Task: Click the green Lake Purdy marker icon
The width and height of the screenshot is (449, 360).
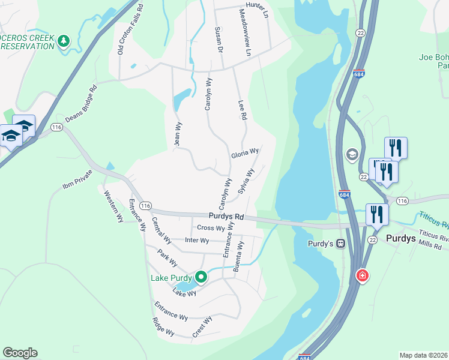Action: [201, 277]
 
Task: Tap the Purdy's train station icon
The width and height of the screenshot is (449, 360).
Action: [340, 244]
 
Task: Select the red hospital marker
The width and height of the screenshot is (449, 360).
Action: [363, 276]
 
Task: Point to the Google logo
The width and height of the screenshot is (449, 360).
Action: [20, 353]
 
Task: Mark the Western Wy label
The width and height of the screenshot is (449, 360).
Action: [113, 206]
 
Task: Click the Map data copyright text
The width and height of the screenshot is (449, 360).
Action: [424, 355]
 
